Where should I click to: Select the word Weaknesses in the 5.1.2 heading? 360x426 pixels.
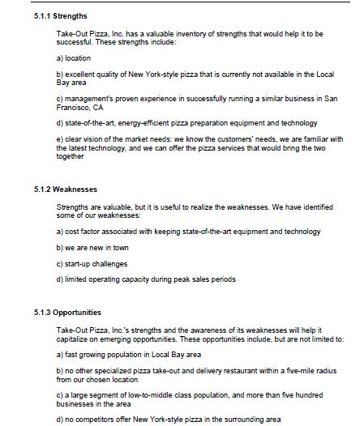tap(56, 190)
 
